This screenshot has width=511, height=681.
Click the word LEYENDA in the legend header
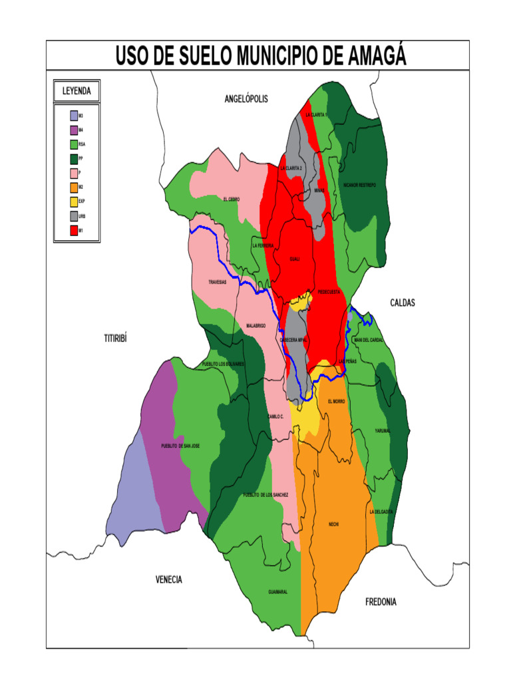click(77, 90)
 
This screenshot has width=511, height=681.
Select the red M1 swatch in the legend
click(73, 231)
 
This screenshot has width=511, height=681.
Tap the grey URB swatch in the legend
click(73, 216)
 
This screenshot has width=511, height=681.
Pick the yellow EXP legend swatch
click(73, 202)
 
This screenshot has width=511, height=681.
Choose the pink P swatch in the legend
click(73, 173)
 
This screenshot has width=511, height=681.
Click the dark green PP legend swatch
click(73, 158)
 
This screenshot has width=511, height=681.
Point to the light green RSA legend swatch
click(73, 144)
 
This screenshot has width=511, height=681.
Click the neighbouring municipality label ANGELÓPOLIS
click(246, 99)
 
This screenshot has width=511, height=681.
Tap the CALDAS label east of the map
click(402, 303)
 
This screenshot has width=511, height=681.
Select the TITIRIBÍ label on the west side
click(115, 339)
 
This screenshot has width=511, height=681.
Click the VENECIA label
click(169, 580)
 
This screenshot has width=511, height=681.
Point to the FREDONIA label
click(381, 602)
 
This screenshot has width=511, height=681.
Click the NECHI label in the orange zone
click(334, 525)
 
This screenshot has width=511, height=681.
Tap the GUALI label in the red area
click(295, 259)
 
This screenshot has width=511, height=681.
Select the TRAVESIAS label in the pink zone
click(218, 282)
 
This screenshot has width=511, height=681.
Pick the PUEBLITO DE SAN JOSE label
click(180, 446)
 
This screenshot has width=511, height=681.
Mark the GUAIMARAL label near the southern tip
click(277, 592)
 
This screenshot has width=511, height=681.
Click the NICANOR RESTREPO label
click(359, 185)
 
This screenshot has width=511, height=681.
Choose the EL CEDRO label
click(232, 199)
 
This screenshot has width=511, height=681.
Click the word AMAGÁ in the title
click(374, 56)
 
